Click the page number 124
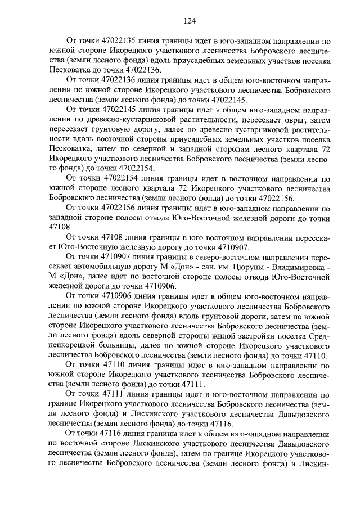(x=188, y=21)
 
